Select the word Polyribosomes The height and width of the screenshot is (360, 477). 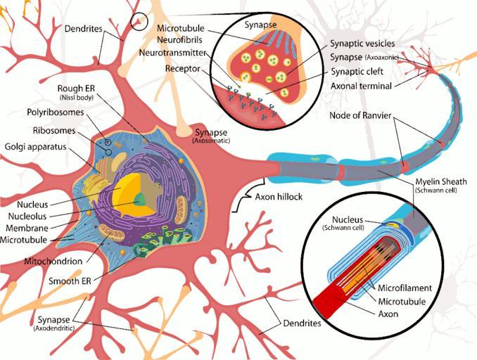[x=56, y=112]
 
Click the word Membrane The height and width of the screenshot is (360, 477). [x=28, y=229]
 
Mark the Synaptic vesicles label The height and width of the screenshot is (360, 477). [x=366, y=44]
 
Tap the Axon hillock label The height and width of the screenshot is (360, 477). [x=279, y=197]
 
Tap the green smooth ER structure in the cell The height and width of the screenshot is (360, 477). [x=151, y=246]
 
